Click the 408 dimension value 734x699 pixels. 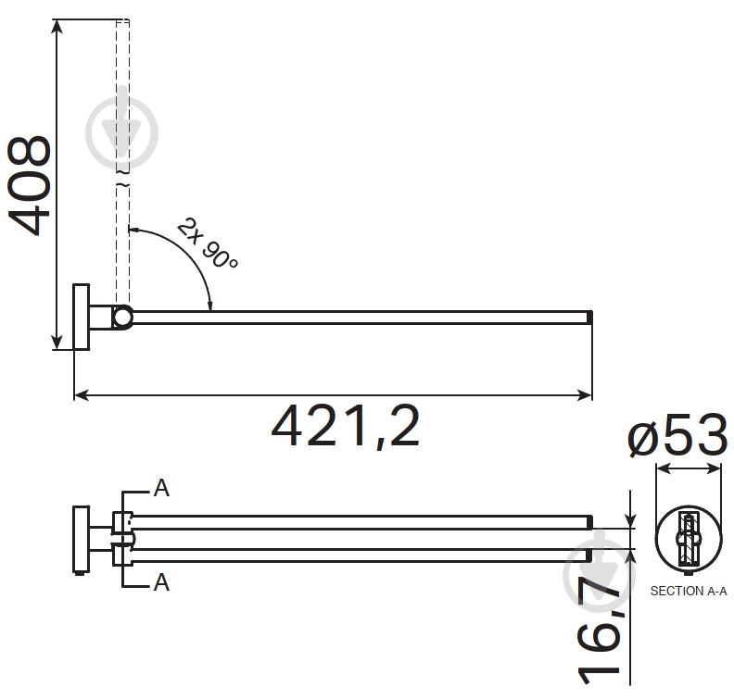[x=29, y=185]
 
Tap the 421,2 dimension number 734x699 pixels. [x=346, y=427]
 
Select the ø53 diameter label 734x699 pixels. [x=677, y=436]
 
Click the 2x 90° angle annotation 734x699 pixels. [x=208, y=244]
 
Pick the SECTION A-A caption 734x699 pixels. [x=689, y=592]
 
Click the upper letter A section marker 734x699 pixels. [x=161, y=488]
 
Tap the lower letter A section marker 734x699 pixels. [x=161, y=582]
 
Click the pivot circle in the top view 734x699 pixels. [x=122, y=318]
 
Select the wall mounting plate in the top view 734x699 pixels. [x=82, y=317]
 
